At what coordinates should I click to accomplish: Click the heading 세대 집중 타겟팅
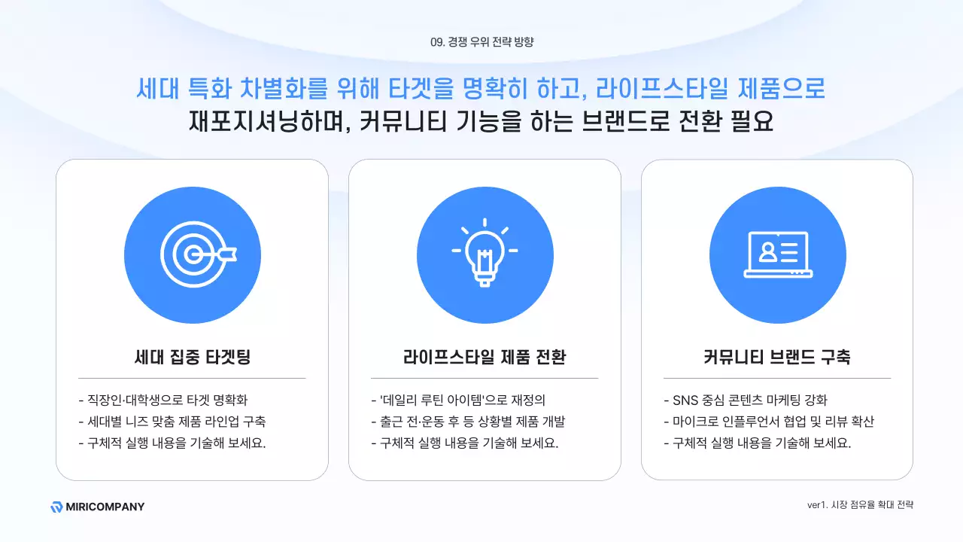pos(192,357)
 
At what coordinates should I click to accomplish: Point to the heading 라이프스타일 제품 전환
pos(485,357)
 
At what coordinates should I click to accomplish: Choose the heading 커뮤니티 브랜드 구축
pos(777,357)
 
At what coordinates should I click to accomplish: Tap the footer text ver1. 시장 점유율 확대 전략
pos(860,505)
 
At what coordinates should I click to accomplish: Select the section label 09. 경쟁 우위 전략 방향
pos(481,42)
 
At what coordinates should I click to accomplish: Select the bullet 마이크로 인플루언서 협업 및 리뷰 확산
pos(769,422)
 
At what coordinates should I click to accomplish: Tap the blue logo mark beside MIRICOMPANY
pos(56,507)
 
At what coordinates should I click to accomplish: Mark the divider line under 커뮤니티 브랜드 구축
pos(777,378)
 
